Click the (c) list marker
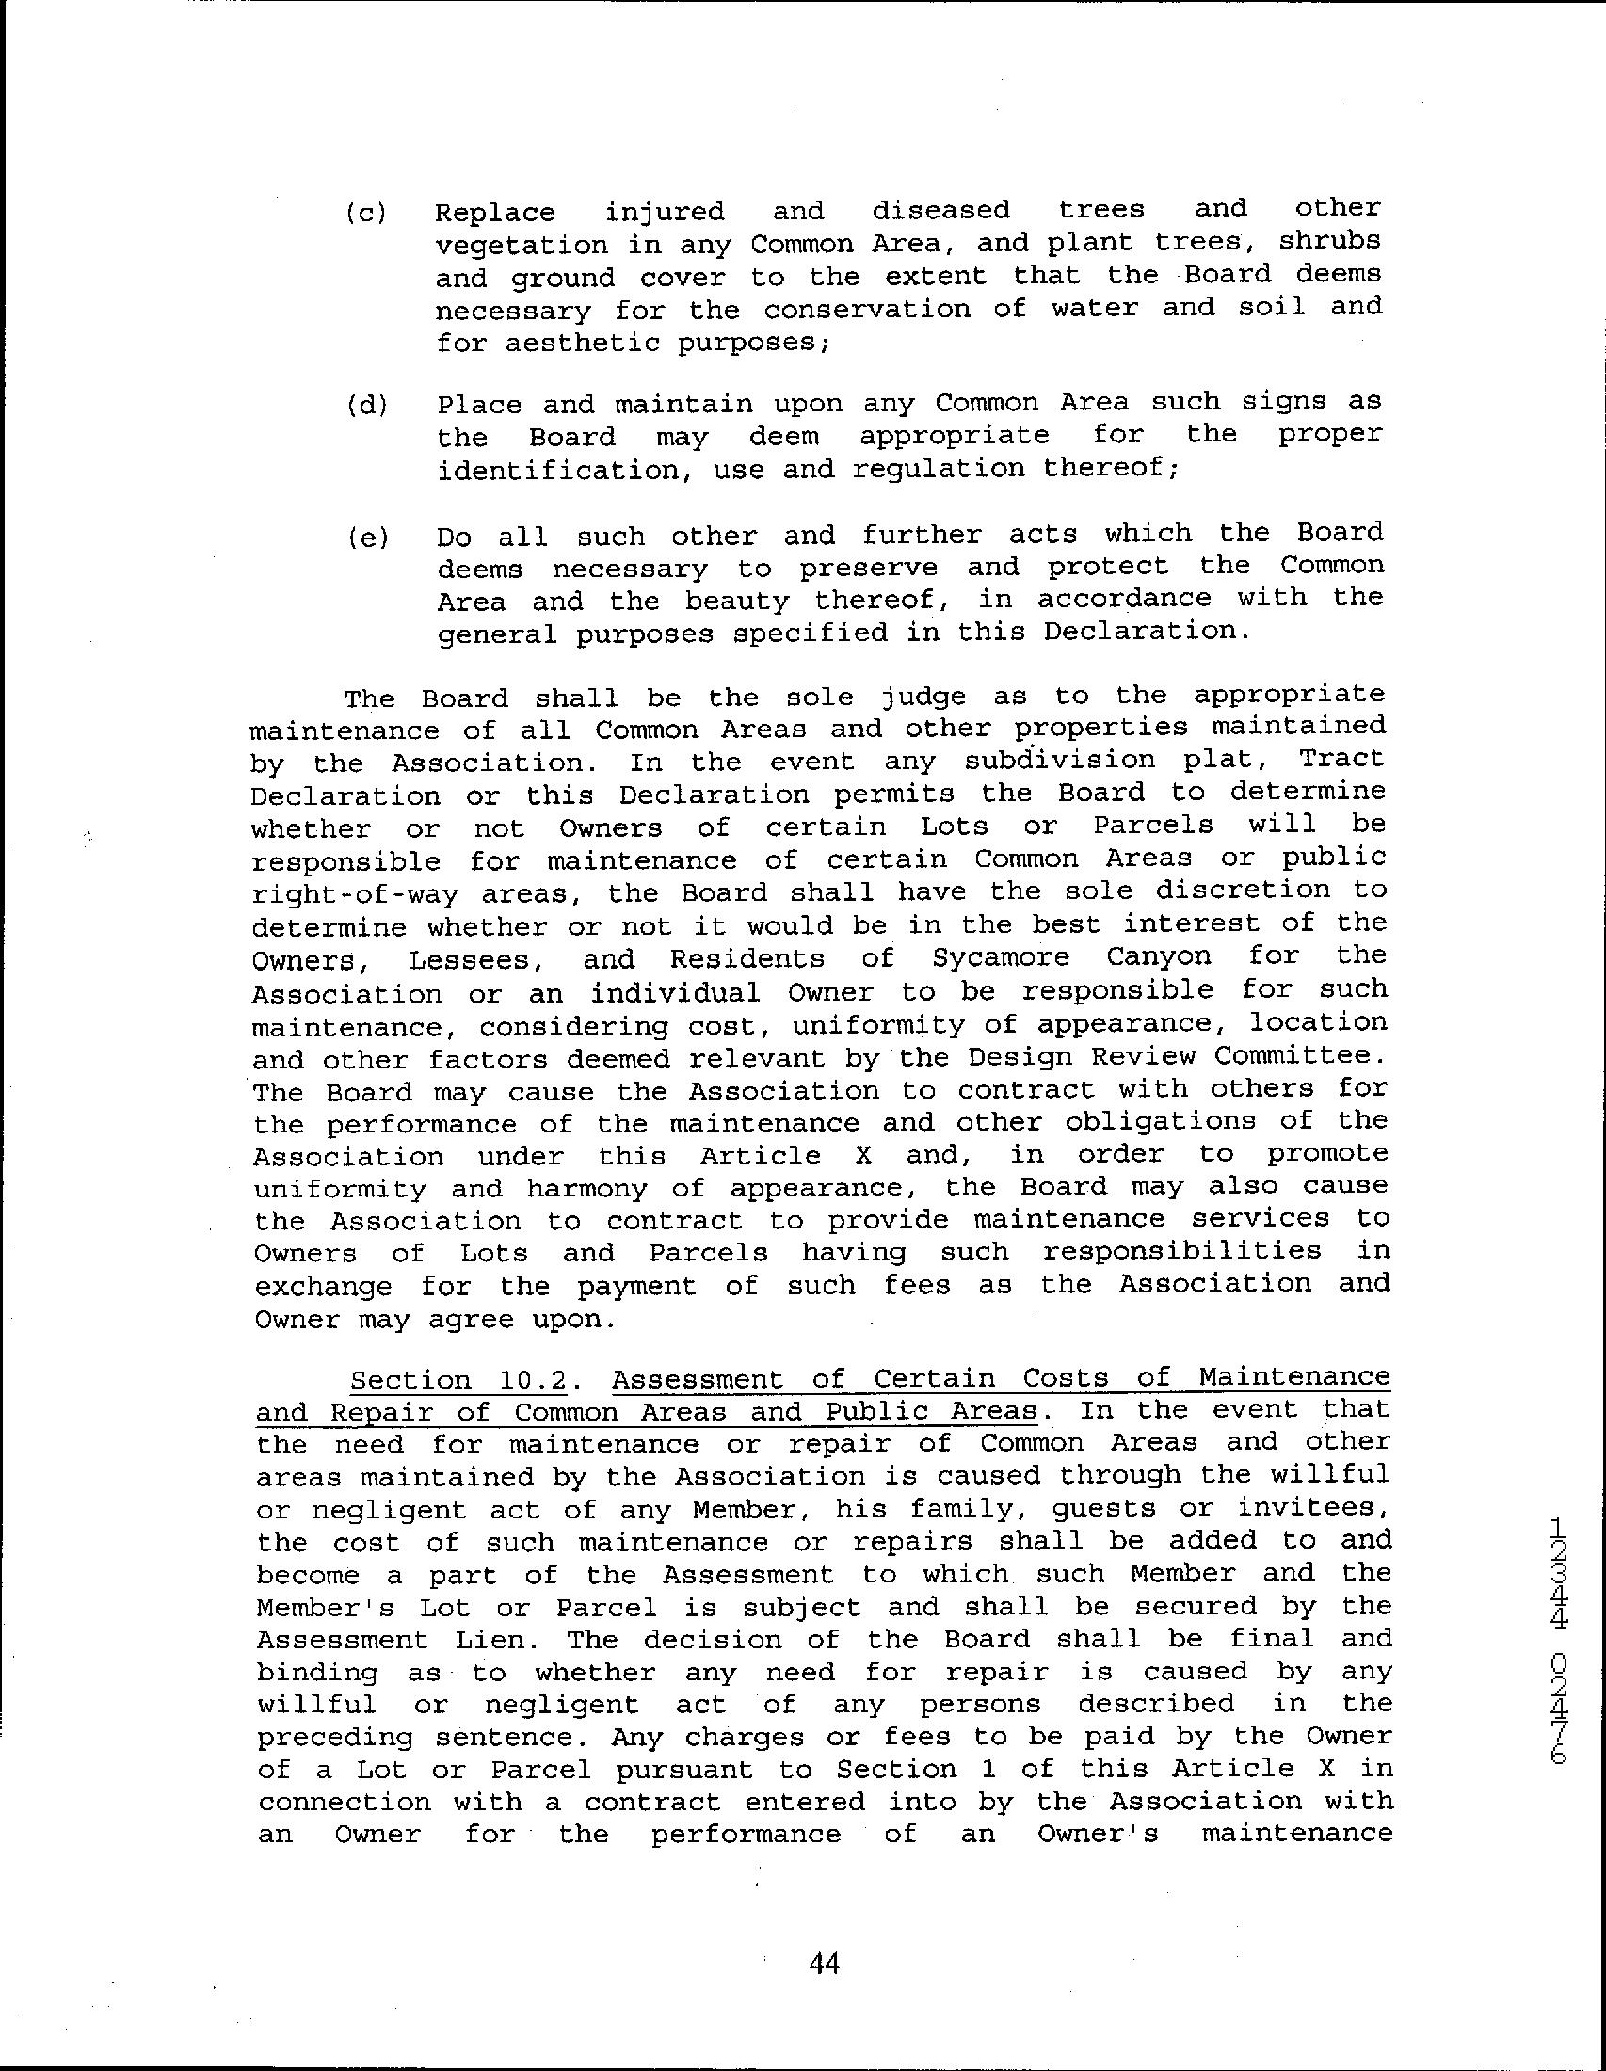[366, 213]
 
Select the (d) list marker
[366, 406]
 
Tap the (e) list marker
[366, 538]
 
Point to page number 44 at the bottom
[825, 1962]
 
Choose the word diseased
[940, 210]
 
